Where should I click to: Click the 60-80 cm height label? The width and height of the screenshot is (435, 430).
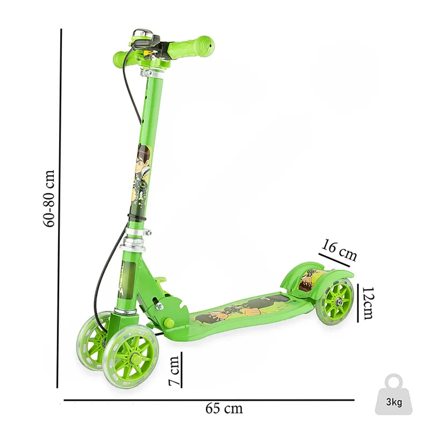click(x=49, y=198)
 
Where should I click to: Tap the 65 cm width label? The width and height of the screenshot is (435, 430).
click(x=224, y=408)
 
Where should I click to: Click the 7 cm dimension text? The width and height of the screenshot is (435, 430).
click(x=174, y=370)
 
